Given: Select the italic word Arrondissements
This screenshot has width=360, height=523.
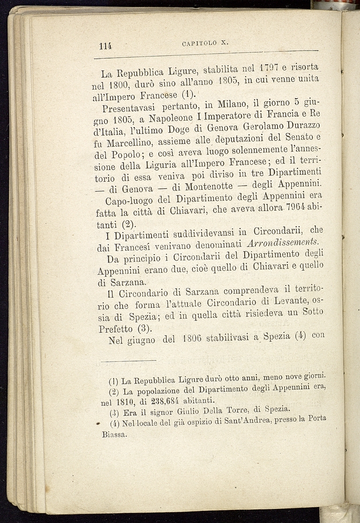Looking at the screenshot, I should point(283,242).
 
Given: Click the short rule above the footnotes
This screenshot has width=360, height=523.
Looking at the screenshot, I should point(128,360).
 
